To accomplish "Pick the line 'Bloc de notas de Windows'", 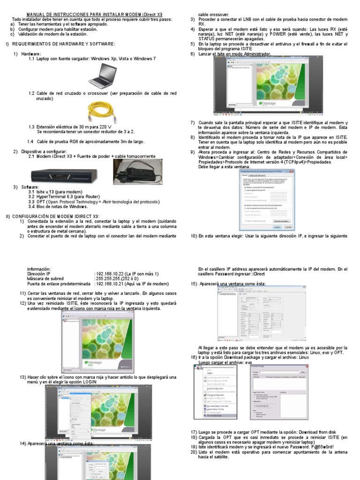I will coord(61,206).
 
